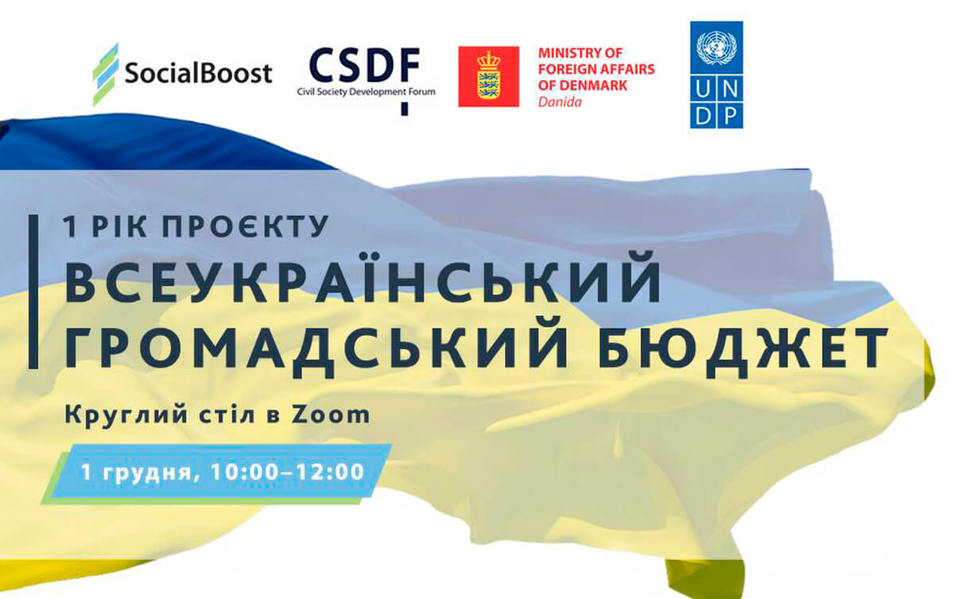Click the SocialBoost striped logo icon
click(106, 75)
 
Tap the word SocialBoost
click(199, 72)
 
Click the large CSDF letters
click(365, 64)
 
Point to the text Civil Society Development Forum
click(366, 91)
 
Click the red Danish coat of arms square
click(488, 76)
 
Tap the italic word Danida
click(560, 102)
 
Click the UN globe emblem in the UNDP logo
click(716, 47)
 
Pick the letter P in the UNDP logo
click(730, 115)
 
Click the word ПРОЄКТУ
click(246, 226)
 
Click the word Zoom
click(331, 415)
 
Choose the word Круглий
click(126, 415)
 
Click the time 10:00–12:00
click(288, 472)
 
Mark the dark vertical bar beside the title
click(33, 292)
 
